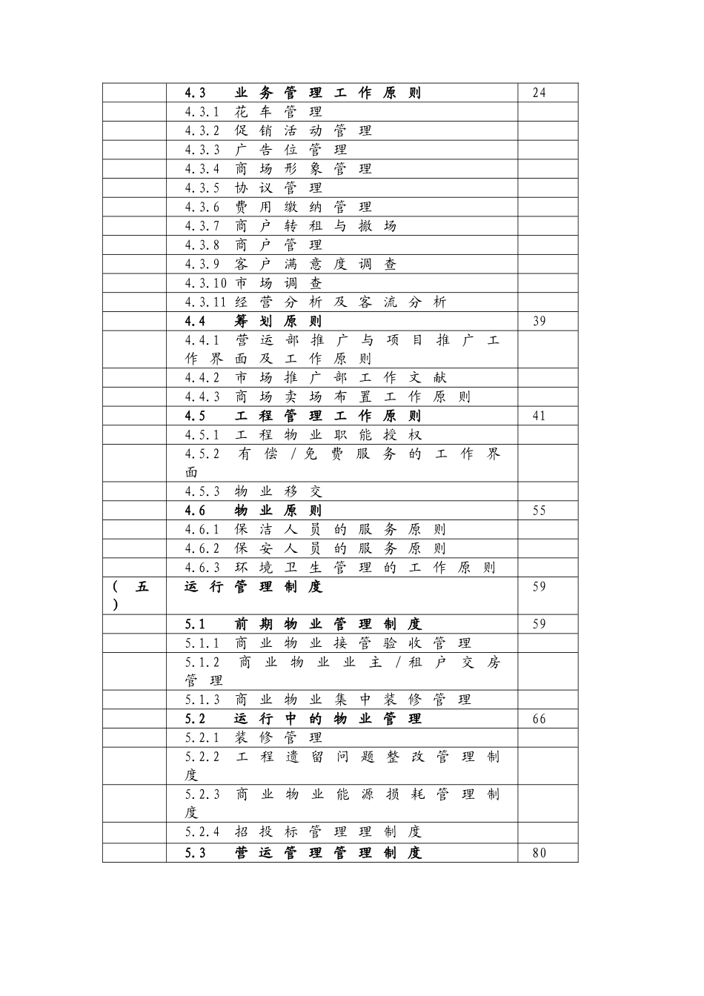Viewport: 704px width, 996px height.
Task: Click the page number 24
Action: (x=539, y=93)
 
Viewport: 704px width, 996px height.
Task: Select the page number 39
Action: (x=539, y=321)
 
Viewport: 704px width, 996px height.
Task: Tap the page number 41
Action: (x=539, y=416)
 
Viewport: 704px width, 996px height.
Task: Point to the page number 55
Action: (x=539, y=511)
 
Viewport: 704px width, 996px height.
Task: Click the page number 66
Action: (x=539, y=719)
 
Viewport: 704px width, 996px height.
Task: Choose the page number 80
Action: (x=539, y=852)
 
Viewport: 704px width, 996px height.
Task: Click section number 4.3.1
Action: (x=202, y=112)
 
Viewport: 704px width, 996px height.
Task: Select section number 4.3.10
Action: (x=206, y=283)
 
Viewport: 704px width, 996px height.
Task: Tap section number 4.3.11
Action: (x=206, y=302)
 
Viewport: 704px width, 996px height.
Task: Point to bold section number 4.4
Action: (x=195, y=321)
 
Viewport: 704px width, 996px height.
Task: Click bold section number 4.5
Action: (x=195, y=416)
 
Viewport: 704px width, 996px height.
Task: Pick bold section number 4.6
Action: (x=195, y=511)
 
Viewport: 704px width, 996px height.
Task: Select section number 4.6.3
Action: (x=202, y=568)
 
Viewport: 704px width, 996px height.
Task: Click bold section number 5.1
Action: (x=195, y=624)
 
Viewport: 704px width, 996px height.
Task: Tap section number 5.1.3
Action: (x=202, y=700)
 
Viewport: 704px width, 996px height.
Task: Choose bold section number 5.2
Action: (x=195, y=719)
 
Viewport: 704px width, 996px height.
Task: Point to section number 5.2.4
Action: (x=202, y=832)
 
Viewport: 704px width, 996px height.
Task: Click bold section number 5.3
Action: (x=195, y=852)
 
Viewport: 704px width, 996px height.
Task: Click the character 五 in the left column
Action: (x=142, y=587)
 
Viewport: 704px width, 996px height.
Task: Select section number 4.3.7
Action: (x=202, y=226)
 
